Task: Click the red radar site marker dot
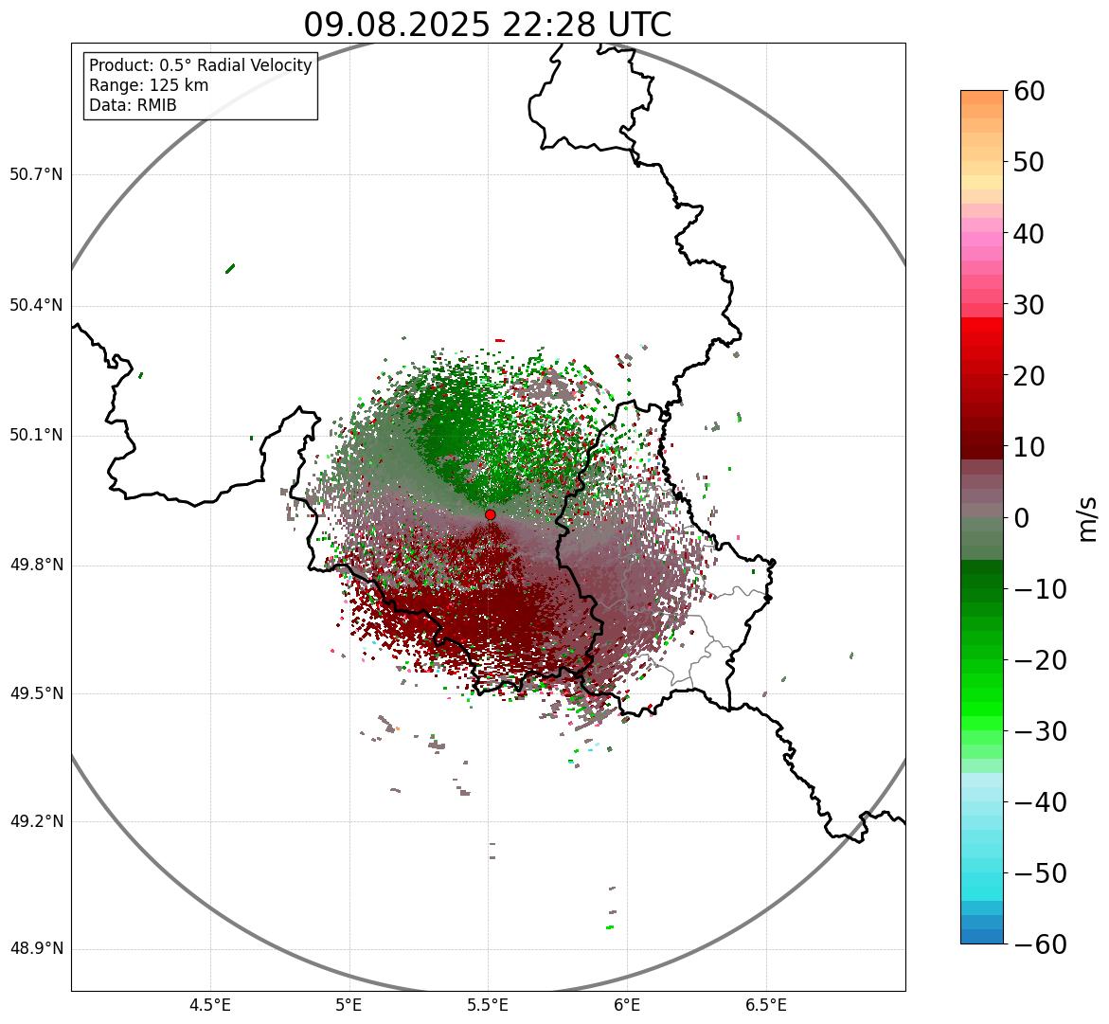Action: coord(491,514)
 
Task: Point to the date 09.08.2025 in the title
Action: coord(398,26)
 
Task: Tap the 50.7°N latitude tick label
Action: coord(36,175)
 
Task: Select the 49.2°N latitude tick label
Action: coord(36,821)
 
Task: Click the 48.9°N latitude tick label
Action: coord(36,949)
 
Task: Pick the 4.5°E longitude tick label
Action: coord(210,1005)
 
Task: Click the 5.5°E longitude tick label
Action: coord(488,1005)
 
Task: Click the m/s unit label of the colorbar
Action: coord(1087,518)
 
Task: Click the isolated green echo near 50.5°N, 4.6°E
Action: coord(230,268)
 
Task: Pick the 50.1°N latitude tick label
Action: coord(36,436)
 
